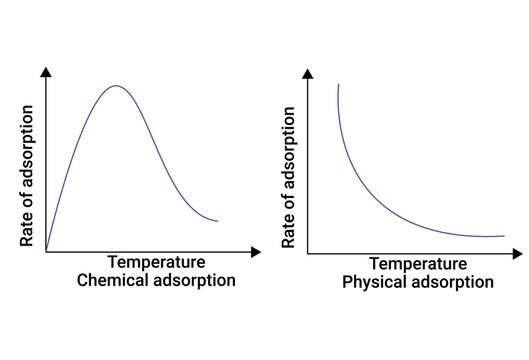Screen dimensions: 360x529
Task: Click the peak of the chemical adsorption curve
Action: tap(116, 86)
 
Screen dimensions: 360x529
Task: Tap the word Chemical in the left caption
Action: tap(113, 281)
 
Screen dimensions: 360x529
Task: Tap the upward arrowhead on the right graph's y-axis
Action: tap(308, 72)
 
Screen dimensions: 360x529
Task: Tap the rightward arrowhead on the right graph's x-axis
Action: tap(520, 252)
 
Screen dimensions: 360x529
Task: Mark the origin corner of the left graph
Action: tap(46, 252)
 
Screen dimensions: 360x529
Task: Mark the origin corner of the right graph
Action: tap(308, 252)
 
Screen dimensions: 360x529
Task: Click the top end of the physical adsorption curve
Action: tap(339, 86)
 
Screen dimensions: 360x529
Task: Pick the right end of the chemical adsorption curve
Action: tap(217, 220)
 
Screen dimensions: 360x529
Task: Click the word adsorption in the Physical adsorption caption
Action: tap(453, 283)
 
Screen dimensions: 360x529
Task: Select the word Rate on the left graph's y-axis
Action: tap(29, 230)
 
